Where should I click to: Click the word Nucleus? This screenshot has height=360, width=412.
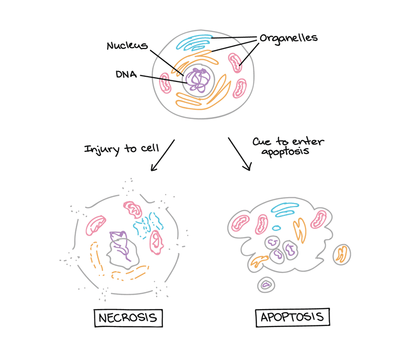[x=127, y=46]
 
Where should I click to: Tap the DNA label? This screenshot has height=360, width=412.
[x=126, y=75]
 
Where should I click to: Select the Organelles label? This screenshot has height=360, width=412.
[x=288, y=38]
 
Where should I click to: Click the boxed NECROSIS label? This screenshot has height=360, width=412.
[x=128, y=317]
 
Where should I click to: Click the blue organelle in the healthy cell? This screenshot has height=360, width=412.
[x=194, y=42]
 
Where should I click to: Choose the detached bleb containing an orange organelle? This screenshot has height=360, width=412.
[x=341, y=254]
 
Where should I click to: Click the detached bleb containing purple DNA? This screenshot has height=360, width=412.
[x=266, y=284]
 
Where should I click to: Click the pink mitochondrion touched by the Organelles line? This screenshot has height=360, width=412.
[x=235, y=63]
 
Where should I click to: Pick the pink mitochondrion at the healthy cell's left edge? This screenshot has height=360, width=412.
[x=165, y=82]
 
